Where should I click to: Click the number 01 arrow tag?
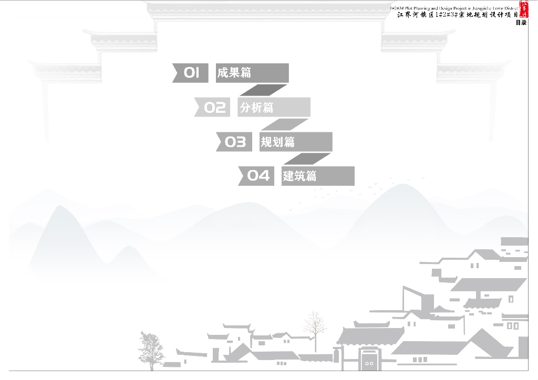(191, 73)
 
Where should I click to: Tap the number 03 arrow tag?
(234, 142)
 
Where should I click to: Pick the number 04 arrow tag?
(257, 176)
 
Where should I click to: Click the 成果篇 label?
(252, 73)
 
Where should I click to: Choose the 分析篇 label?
(274, 108)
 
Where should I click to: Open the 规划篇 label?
(296, 142)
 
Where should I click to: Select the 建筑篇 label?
(317, 176)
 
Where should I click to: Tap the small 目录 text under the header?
(521, 23)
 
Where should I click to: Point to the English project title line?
(454, 8)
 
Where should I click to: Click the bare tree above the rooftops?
(315, 328)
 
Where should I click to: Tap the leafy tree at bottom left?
(150, 350)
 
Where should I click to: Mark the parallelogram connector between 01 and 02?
(263, 90)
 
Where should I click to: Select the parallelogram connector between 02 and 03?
(285, 124)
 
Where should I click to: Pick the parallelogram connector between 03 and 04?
(307, 159)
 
